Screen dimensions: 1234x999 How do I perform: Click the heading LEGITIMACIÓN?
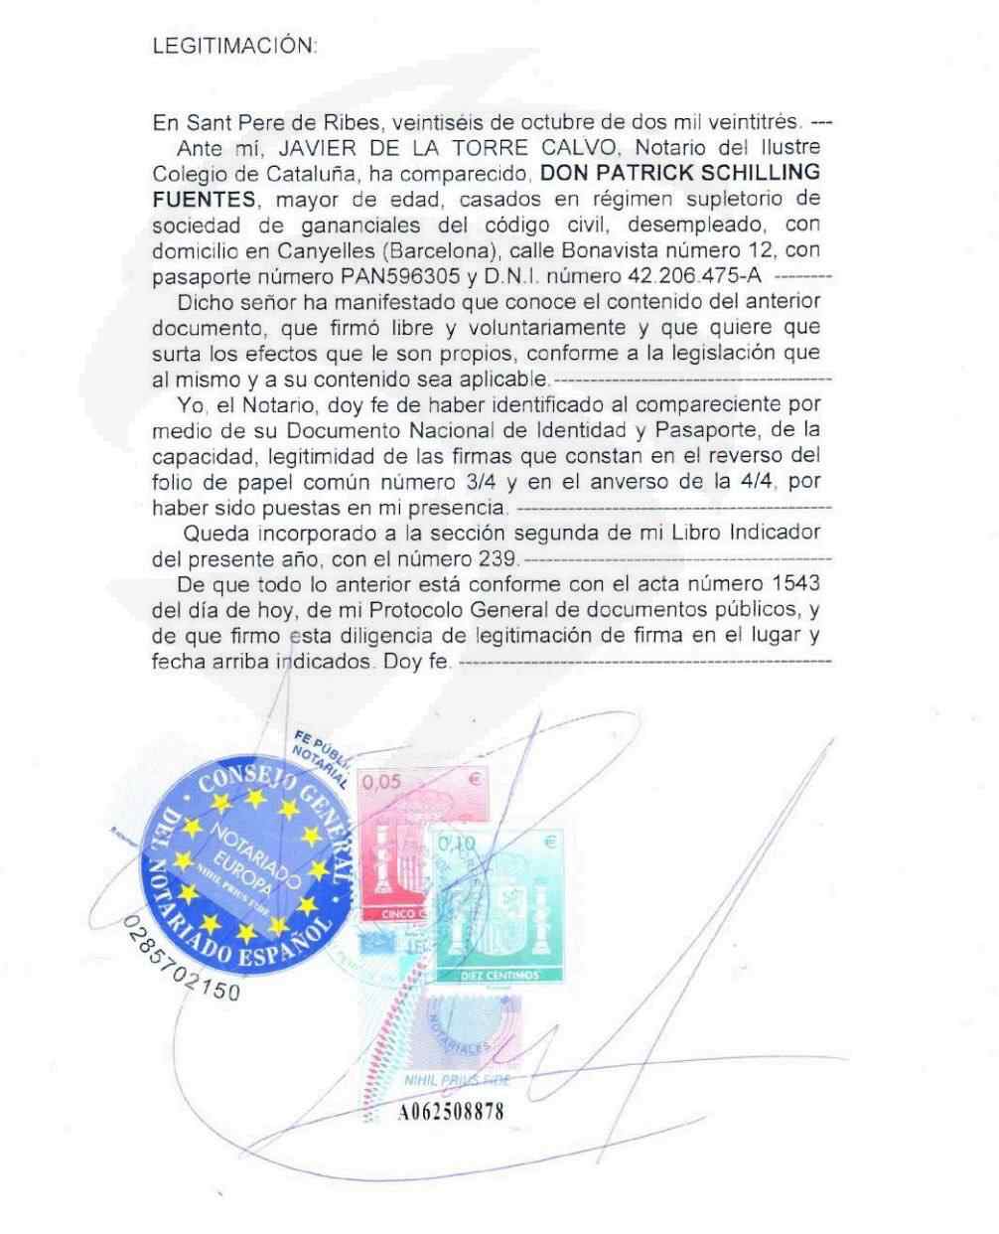tap(235, 46)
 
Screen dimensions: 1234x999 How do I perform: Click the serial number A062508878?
tap(451, 1112)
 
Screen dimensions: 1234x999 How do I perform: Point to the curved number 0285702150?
tap(179, 965)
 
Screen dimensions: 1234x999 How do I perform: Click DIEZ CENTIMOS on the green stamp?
tap(499, 975)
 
